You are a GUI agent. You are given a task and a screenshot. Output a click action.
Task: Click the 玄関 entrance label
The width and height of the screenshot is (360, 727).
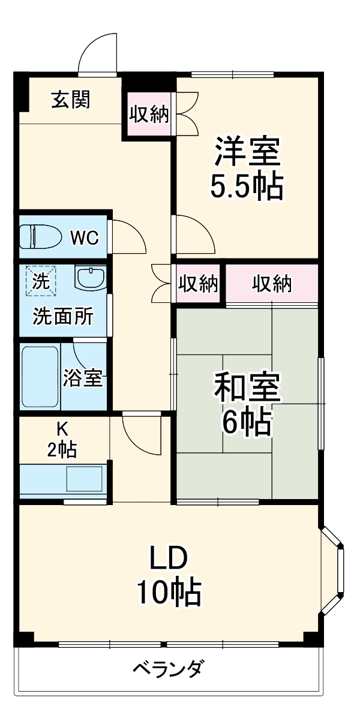point(70,100)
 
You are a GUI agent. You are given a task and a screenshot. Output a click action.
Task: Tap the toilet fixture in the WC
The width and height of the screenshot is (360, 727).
point(41,236)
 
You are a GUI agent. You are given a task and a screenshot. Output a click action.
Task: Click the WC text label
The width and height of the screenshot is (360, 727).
point(84,238)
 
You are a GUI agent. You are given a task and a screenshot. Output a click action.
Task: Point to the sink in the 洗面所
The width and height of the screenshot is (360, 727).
point(90,277)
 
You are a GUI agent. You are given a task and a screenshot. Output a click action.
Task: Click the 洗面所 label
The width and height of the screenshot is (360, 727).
point(62,316)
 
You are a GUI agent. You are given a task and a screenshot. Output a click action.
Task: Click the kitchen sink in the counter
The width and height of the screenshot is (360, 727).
point(83,479)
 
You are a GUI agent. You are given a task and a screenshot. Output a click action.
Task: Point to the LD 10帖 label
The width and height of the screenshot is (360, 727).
point(169,576)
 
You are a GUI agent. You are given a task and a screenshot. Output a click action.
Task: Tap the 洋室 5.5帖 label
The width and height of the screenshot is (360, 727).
point(247,170)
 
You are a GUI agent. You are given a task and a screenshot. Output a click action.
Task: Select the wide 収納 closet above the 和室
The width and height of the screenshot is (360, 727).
point(271,284)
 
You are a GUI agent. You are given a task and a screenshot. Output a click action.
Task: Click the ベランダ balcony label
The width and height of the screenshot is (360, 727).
point(169,668)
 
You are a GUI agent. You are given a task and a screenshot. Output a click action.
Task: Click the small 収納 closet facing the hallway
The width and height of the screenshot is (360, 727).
point(197,284)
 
